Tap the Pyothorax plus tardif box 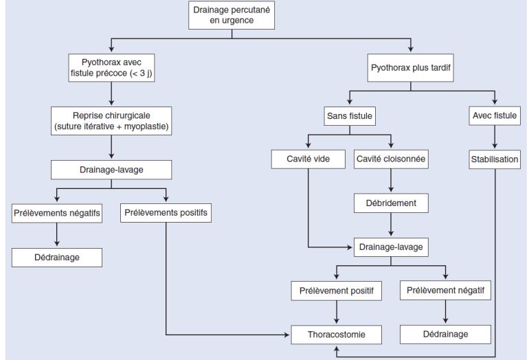tap(411, 68)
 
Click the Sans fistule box tap(349, 116)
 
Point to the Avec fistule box tap(495, 116)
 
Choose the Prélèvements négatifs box tap(57, 213)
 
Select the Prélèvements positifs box tap(166, 213)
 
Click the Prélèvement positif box tap(336, 291)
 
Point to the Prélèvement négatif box tap(445, 291)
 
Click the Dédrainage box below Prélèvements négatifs tap(57, 258)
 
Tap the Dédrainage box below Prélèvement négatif tap(445, 334)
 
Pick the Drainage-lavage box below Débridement tap(391, 246)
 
